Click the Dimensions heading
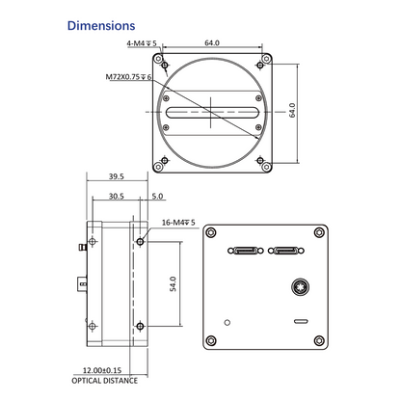(x=101, y=26)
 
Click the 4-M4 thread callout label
(x=142, y=43)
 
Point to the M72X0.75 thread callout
(x=128, y=77)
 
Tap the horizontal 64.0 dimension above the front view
(x=212, y=42)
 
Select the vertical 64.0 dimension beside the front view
(x=292, y=110)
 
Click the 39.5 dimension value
(x=117, y=176)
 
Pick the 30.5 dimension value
(x=117, y=196)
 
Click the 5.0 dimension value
(x=157, y=196)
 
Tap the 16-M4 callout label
(x=178, y=223)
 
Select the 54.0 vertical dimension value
(x=173, y=283)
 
